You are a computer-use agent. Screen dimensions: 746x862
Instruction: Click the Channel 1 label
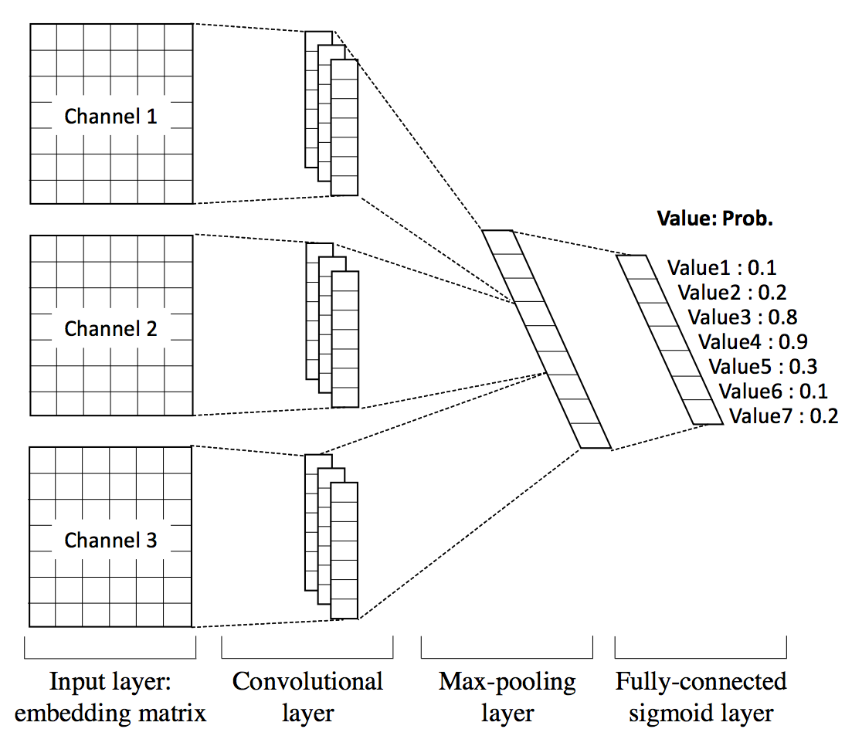pos(110,117)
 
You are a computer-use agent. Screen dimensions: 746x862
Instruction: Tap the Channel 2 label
pos(110,329)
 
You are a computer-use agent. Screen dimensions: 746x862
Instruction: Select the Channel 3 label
pos(110,541)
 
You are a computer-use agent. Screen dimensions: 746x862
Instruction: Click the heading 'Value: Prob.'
pos(714,219)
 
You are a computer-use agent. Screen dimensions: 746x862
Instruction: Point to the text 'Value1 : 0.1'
pos(721,268)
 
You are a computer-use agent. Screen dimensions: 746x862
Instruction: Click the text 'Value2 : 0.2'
pos(731,293)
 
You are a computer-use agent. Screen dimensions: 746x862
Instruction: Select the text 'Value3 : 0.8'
pos(742,317)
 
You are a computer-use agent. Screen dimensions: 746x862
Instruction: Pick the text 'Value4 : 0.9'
pos(752,342)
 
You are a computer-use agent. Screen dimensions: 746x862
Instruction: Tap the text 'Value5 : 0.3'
pos(762,367)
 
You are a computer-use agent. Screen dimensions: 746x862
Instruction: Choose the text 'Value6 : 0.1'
pos(772,392)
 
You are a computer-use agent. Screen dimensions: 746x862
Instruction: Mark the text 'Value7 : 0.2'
pos(783,416)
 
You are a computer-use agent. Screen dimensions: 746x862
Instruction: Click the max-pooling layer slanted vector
pos(546,339)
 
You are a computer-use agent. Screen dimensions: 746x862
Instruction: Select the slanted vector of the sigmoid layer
pos(670,340)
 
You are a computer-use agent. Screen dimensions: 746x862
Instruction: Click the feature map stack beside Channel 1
pos(331,114)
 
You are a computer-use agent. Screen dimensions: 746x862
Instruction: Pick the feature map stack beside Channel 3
pos(331,537)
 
